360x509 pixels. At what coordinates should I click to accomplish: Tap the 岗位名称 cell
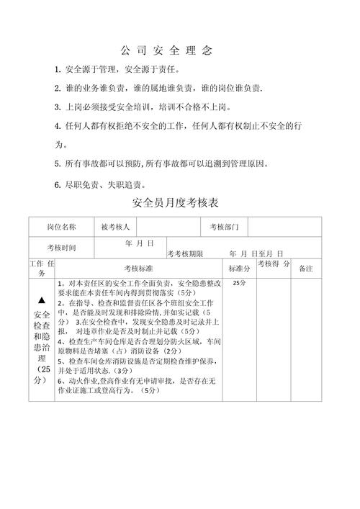click(x=61, y=227)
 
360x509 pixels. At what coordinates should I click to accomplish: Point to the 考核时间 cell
click(x=61, y=248)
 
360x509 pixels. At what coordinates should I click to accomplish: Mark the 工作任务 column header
click(x=41, y=268)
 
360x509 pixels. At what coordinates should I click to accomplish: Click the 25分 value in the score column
click(x=239, y=284)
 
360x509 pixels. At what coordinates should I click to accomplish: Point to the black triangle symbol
click(x=42, y=299)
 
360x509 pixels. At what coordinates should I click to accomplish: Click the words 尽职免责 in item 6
click(x=81, y=184)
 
